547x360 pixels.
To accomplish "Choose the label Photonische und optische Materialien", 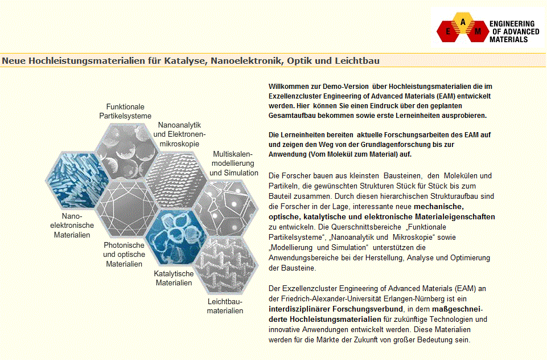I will point(124,255).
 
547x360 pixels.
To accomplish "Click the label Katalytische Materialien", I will point(174,278).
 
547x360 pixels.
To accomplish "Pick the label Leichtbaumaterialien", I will point(225,306).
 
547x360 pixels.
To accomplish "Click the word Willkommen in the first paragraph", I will point(287,86).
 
